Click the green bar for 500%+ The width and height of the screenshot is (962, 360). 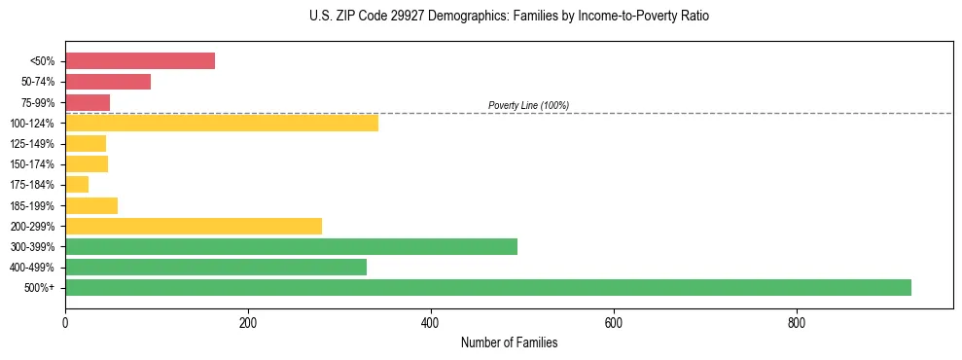(x=487, y=287)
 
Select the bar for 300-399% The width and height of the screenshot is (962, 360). (x=291, y=246)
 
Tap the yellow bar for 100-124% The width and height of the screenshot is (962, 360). (x=222, y=123)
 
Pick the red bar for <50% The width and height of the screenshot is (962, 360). (x=140, y=61)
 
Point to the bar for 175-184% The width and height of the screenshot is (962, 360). (x=77, y=185)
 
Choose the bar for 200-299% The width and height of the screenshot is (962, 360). (x=194, y=226)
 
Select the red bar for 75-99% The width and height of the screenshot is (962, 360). (x=88, y=102)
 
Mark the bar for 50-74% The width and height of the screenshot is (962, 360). (x=108, y=82)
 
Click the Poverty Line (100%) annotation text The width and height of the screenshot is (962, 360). (x=528, y=105)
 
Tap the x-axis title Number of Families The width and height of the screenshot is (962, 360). (x=509, y=343)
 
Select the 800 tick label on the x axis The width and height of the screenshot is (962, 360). (x=797, y=322)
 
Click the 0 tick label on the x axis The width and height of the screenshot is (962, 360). (x=65, y=322)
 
